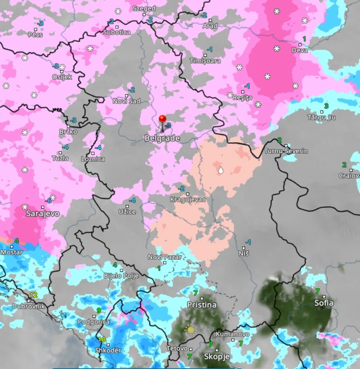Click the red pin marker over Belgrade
[x=163, y=119]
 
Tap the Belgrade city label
[x=162, y=138]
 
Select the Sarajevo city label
[x=43, y=214]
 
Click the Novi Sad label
[x=126, y=101]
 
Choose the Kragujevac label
[x=188, y=199]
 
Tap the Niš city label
[x=244, y=253]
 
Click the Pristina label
[x=201, y=305]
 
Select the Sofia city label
[x=323, y=303]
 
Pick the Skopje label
[x=216, y=357]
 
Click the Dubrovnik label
[x=28, y=306]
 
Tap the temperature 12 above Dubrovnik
[x=33, y=295]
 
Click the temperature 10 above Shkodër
[x=101, y=340]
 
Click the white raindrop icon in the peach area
[x=221, y=170]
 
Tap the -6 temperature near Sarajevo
[x=48, y=201]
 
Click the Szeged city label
[x=144, y=8]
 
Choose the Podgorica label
[x=93, y=322]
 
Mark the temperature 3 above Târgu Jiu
[x=326, y=106]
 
